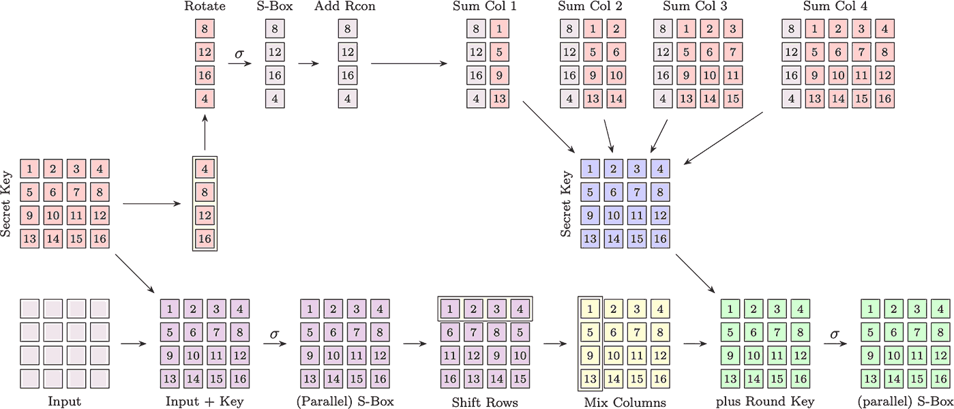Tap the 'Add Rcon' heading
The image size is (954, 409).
tap(346, 7)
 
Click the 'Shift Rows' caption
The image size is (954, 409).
tap(484, 402)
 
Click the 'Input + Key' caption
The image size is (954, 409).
tap(204, 402)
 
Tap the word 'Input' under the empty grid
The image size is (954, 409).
tap(64, 402)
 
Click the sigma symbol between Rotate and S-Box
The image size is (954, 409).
tap(239, 52)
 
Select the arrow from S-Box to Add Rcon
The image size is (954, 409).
tap(309, 65)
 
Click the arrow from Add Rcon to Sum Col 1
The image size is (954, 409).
tap(409, 65)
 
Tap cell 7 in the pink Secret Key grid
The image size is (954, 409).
tap(76, 192)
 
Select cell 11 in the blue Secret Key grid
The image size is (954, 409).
tap(636, 215)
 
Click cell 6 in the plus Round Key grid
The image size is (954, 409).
tap(756, 332)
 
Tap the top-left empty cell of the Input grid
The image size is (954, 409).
tap(31, 309)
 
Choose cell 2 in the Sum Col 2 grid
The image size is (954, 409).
tap(615, 29)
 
